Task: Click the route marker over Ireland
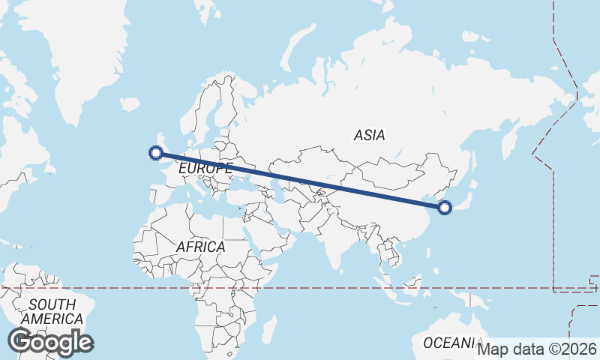pos(156,153)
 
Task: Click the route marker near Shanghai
pos(444,208)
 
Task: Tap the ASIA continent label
pos(369,136)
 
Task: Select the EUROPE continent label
pos(205,169)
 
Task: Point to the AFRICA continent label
pos(200,247)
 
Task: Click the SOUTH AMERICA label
pos(52,312)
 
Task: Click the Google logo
pos(50,342)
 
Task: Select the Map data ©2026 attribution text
pos(537,349)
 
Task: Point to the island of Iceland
pos(129,103)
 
